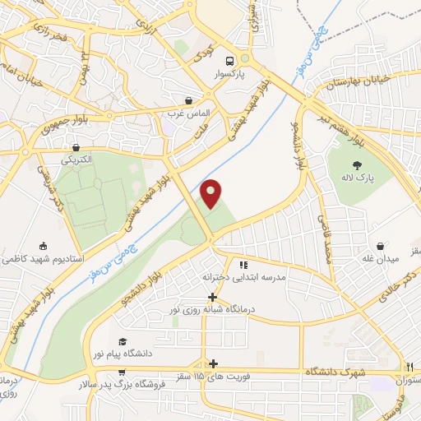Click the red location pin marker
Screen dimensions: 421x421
click(211, 193)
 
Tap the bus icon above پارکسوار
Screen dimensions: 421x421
click(230, 60)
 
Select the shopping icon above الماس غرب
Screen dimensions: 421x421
click(190, 100)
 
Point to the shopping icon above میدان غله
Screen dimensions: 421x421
click(381, 245)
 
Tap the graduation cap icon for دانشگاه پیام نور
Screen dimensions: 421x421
click(123, 341)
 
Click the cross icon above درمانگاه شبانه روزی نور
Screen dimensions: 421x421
click(212, 297)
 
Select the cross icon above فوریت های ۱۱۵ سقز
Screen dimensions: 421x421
click(214, 363)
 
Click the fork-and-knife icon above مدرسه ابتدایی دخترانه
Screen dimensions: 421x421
click(243, 266)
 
